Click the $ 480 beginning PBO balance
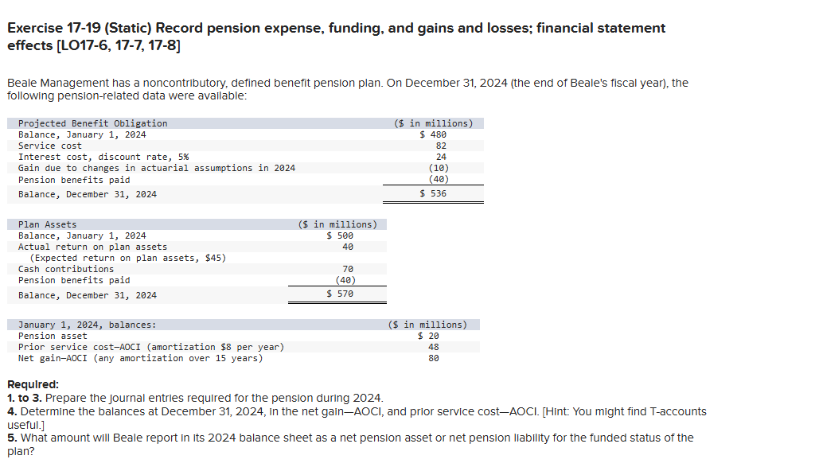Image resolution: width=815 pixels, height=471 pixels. click(433, 134)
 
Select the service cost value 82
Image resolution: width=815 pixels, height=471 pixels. click(441, 146)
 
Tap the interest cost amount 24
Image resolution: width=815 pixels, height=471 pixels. click(441, 157)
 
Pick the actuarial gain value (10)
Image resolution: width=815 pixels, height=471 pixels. click(438, 168)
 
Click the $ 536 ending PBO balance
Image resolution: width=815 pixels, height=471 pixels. click(433, 194)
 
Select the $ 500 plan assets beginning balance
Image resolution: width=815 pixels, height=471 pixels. click(340, 235)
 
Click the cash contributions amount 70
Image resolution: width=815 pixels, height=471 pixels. click(348, 269)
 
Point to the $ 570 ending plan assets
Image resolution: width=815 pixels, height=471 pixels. click(340, 294)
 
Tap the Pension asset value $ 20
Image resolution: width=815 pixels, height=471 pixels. click(428, 336)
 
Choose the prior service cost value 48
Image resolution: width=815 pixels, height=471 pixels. click(434, 347)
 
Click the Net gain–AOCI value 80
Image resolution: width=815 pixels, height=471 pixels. click(434, 358)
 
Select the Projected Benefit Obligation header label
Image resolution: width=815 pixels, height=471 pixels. click(92, 123)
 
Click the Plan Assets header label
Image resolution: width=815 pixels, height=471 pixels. click(48, 224)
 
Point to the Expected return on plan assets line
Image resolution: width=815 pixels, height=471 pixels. click(127, 258)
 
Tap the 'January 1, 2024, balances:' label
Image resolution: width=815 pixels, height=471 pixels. click(87, 325)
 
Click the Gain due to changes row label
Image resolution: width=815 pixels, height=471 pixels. click(156, 168)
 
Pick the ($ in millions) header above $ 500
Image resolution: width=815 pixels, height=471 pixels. click(337, 224)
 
